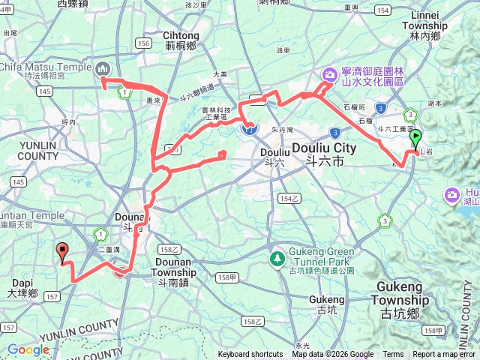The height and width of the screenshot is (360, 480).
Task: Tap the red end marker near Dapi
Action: tap(62, 253)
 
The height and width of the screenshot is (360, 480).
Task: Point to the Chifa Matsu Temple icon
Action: tap(103, 69)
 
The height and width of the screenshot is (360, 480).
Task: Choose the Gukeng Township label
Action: tap(404, 294)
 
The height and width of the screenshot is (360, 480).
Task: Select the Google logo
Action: tap(28, 349)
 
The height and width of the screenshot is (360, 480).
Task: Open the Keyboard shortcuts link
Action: tap(250, 355)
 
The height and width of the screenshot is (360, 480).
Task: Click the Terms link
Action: tap(393, 355)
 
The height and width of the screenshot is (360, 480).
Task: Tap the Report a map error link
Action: tap(443, 355)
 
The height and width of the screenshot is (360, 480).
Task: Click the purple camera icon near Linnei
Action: tap(328, 74)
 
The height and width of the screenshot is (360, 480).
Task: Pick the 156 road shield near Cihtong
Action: tap(143, 43)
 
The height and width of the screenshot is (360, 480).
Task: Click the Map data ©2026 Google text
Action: tap(332, 355)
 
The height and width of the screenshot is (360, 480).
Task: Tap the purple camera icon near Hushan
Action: tap(451, 196)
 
